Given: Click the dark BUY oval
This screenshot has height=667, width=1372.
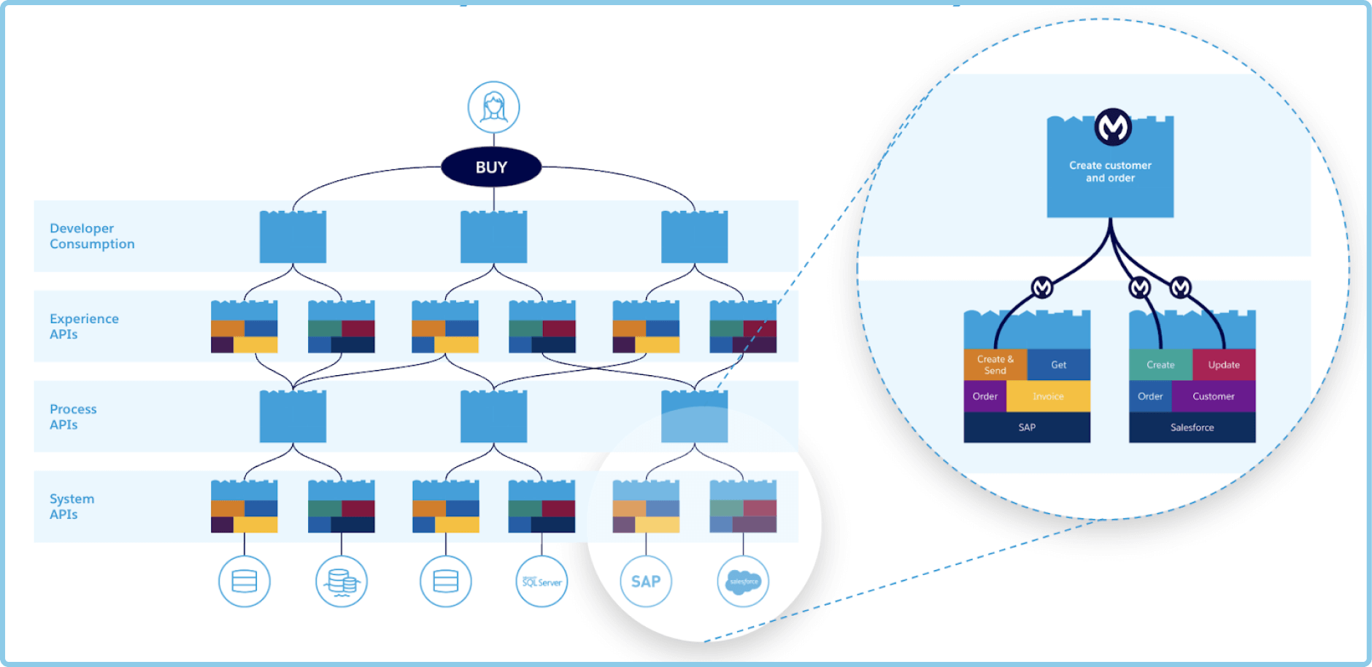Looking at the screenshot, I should (491, 167).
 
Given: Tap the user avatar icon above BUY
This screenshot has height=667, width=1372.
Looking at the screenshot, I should (494, 107).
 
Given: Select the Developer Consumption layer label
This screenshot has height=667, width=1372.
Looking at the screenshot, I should (92, 236).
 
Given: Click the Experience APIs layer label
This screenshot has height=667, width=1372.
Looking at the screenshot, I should (84, 326).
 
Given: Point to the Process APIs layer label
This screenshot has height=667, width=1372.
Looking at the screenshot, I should (73, 417).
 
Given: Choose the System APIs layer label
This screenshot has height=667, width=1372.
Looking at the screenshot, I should (72, 506).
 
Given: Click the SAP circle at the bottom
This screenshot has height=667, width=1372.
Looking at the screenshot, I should (646, 582).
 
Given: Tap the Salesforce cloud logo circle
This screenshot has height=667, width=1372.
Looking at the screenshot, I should (743, 582).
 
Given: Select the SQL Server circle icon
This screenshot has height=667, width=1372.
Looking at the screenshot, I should (542, 582).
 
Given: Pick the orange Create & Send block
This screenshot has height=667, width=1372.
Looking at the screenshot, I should (995, 365).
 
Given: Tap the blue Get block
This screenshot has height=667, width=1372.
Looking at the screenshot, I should (1059, 365).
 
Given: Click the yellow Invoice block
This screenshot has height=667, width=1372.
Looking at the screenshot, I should (1048, 396).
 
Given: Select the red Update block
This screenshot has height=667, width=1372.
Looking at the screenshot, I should (1224, 365).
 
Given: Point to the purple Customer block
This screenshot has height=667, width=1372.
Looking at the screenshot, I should (1214, 396).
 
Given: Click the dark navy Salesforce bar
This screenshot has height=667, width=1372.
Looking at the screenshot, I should (1192, 428).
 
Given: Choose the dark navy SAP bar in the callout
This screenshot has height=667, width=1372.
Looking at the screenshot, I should (1027, 428).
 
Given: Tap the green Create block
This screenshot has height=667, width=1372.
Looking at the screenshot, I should (1160, 365).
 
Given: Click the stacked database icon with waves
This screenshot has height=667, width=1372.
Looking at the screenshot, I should (342, 582).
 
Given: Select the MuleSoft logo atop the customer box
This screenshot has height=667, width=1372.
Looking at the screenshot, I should (1113, 128).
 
